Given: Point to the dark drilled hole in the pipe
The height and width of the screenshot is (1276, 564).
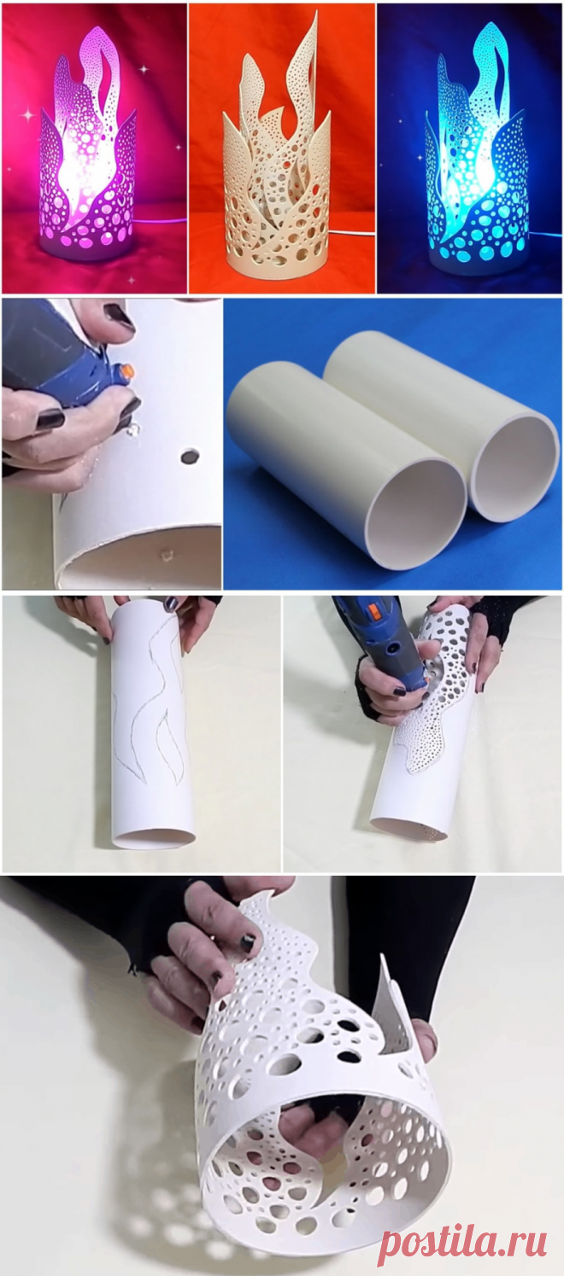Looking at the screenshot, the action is click(x=188, y=456).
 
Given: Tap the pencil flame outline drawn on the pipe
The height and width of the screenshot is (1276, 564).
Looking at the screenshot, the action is click(x=150, y=702).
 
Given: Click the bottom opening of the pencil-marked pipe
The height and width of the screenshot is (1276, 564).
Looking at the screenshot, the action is click(x=154, y=837).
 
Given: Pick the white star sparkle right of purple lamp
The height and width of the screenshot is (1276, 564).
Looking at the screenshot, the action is click(x=144, y=68).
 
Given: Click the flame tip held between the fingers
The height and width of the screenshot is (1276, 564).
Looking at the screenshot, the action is click(x=256, y=914).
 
